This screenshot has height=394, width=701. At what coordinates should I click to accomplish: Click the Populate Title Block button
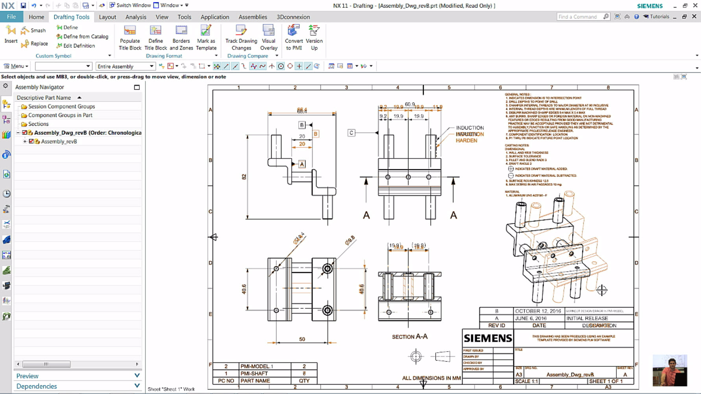[130, 37]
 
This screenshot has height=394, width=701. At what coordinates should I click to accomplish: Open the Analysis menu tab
[136, 17]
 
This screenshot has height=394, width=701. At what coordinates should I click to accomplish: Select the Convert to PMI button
[294, 37]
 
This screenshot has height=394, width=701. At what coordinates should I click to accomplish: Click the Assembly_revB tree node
[59, 141]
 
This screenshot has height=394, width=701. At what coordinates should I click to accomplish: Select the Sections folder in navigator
[38, 124]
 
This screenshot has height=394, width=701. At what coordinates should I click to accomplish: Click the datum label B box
[302, 125]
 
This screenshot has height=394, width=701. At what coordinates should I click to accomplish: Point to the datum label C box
[351, 133]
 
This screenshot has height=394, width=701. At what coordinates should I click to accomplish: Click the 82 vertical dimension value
[244, 177]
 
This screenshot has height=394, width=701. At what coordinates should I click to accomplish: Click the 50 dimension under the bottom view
[302, 339]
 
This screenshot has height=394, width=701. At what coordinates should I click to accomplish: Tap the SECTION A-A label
[410, 337]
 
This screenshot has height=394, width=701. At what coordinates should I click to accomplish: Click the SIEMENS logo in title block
[488, 338]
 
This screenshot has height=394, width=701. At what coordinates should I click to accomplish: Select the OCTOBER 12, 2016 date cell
[538, 311]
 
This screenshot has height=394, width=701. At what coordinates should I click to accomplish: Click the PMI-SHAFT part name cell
[254, 374]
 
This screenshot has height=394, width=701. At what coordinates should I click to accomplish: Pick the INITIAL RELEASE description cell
[587, 318]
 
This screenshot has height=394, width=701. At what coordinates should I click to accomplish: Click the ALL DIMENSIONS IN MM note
[431, 378]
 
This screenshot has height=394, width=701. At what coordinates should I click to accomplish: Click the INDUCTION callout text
[470, 128]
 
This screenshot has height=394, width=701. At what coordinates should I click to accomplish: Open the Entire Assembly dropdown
[125, 66]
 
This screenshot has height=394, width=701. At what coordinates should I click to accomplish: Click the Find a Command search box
[579, 17]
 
